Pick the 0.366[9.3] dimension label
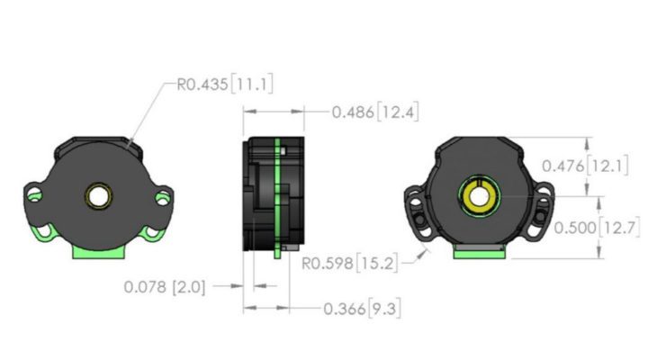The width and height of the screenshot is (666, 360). [362, 309]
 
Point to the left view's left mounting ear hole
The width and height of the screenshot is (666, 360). [33, 193]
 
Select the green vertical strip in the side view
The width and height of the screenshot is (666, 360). [280, 198]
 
